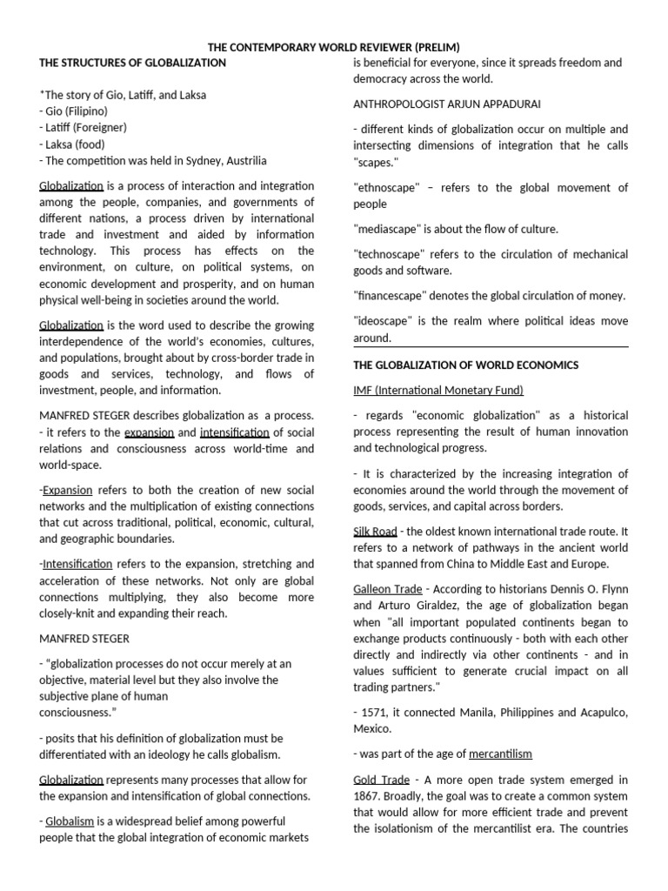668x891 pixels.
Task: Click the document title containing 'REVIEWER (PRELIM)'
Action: click(333, 46)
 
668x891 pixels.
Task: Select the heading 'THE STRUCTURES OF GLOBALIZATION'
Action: click(132, 63)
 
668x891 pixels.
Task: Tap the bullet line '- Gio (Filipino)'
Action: click(74, 111)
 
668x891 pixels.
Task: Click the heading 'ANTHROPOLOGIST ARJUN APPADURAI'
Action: click(446, 104)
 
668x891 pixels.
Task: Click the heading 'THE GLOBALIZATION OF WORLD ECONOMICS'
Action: click(465, 365)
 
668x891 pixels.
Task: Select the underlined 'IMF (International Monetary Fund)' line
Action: click(438, 390)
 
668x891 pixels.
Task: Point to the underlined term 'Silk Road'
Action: click(375, 531)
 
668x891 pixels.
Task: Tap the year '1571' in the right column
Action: click(375, 713)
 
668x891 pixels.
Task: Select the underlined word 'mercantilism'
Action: click(500, 754)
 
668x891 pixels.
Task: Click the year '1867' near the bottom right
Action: click(370, 796)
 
